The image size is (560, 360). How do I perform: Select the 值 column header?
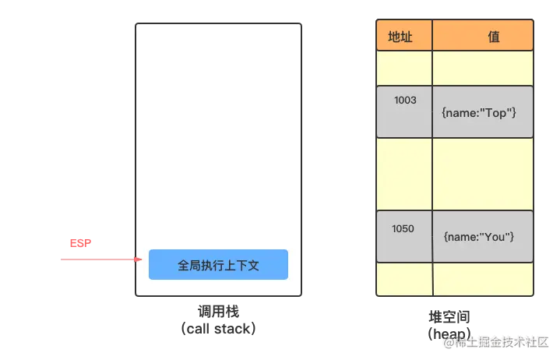pyautogui.click(x=483, y=37)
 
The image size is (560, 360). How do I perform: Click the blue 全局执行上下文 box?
pyautogui.click(x=218, y=265)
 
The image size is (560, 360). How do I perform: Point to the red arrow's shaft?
pyautogui.click(x=93, y=259)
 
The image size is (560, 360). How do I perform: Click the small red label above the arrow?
pyautogui.click(x=80, y=243)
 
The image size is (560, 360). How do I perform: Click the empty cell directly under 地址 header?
pyautogui.click(x=404, y=69)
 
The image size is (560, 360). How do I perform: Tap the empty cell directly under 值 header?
pyautogui.click(x=483, y=69)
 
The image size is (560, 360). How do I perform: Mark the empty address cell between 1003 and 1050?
pyautogui.click(x=404, y=174)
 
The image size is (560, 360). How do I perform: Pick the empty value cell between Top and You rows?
pyautogui.click(x=483, y=174)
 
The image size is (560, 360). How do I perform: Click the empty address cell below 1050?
pyautogui.click(x=404, y=279)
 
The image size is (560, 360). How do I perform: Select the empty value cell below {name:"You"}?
pyautogui.click(x=483, y=279)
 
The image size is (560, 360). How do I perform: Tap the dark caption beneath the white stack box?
pyautogui.click(x=218, y=319)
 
